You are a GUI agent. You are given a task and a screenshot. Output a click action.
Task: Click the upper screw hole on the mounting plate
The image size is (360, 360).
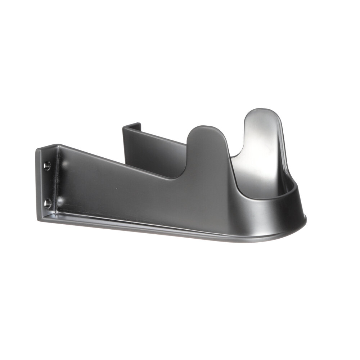pyautogui.click(x=47, y=166)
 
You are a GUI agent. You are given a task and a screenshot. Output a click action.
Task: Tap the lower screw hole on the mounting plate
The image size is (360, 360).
pyautogui.click(x=48, y=204)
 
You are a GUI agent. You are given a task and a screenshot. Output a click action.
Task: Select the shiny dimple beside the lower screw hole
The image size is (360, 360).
pyautogui.click(x=61, y=201)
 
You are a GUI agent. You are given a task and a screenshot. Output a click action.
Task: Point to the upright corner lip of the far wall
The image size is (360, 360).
pyautogui.click(x=131, y=127)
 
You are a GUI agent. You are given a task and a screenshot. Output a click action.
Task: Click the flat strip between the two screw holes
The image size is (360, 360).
pyautogui.click(x=47, y=185)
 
